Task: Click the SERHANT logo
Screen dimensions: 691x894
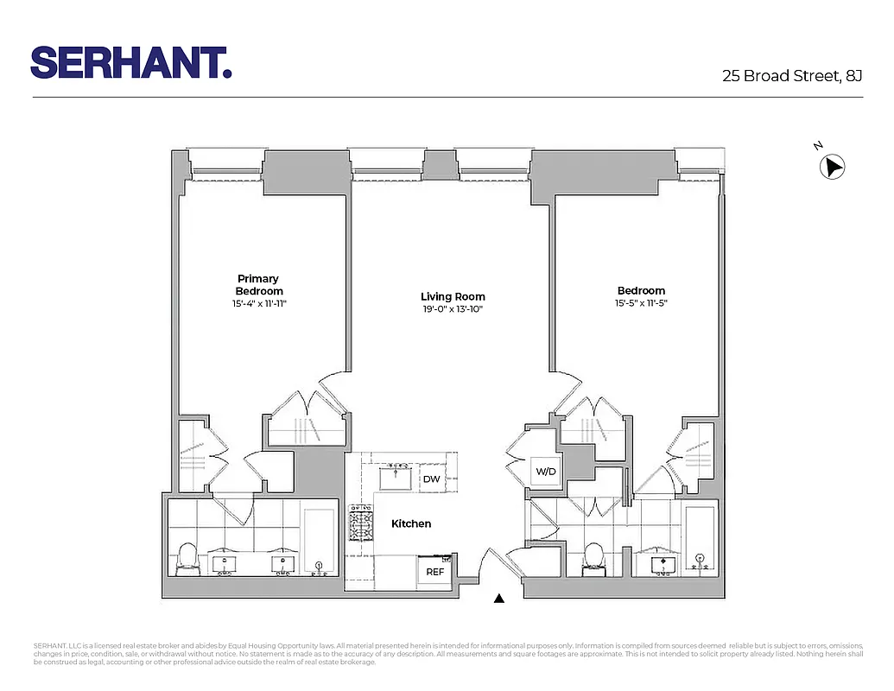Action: (x=131, y=62)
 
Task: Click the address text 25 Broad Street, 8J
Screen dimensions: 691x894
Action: (x=792, y=76)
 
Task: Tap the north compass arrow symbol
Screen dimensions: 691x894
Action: (x=832, y=167)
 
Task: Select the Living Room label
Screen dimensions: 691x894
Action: (x=453, y=297)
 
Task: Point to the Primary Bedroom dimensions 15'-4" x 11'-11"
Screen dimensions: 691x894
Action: (x=258, y=304)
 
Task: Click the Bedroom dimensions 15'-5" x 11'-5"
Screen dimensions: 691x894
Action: (x=641, y=303)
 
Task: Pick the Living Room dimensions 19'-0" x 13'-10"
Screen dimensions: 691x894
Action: (x=453, y=309)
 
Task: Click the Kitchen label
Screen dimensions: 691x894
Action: (x=411, y=523)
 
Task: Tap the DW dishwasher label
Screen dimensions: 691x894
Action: (x=431, y=479)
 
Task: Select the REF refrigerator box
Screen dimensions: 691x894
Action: (x=435, y=571)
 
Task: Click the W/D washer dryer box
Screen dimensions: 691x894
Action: (x=546, y=472)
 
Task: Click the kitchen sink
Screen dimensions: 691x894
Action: (x=397, y=477)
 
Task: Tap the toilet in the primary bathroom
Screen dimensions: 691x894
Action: (x=187, y=559)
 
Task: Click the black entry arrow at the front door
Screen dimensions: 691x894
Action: (x=498, y=597)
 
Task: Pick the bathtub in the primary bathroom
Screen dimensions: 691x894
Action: (x=319, y=540)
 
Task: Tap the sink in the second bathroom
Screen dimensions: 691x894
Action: (x=663, y=565)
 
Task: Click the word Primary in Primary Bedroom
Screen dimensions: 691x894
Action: (x=258, y=278)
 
